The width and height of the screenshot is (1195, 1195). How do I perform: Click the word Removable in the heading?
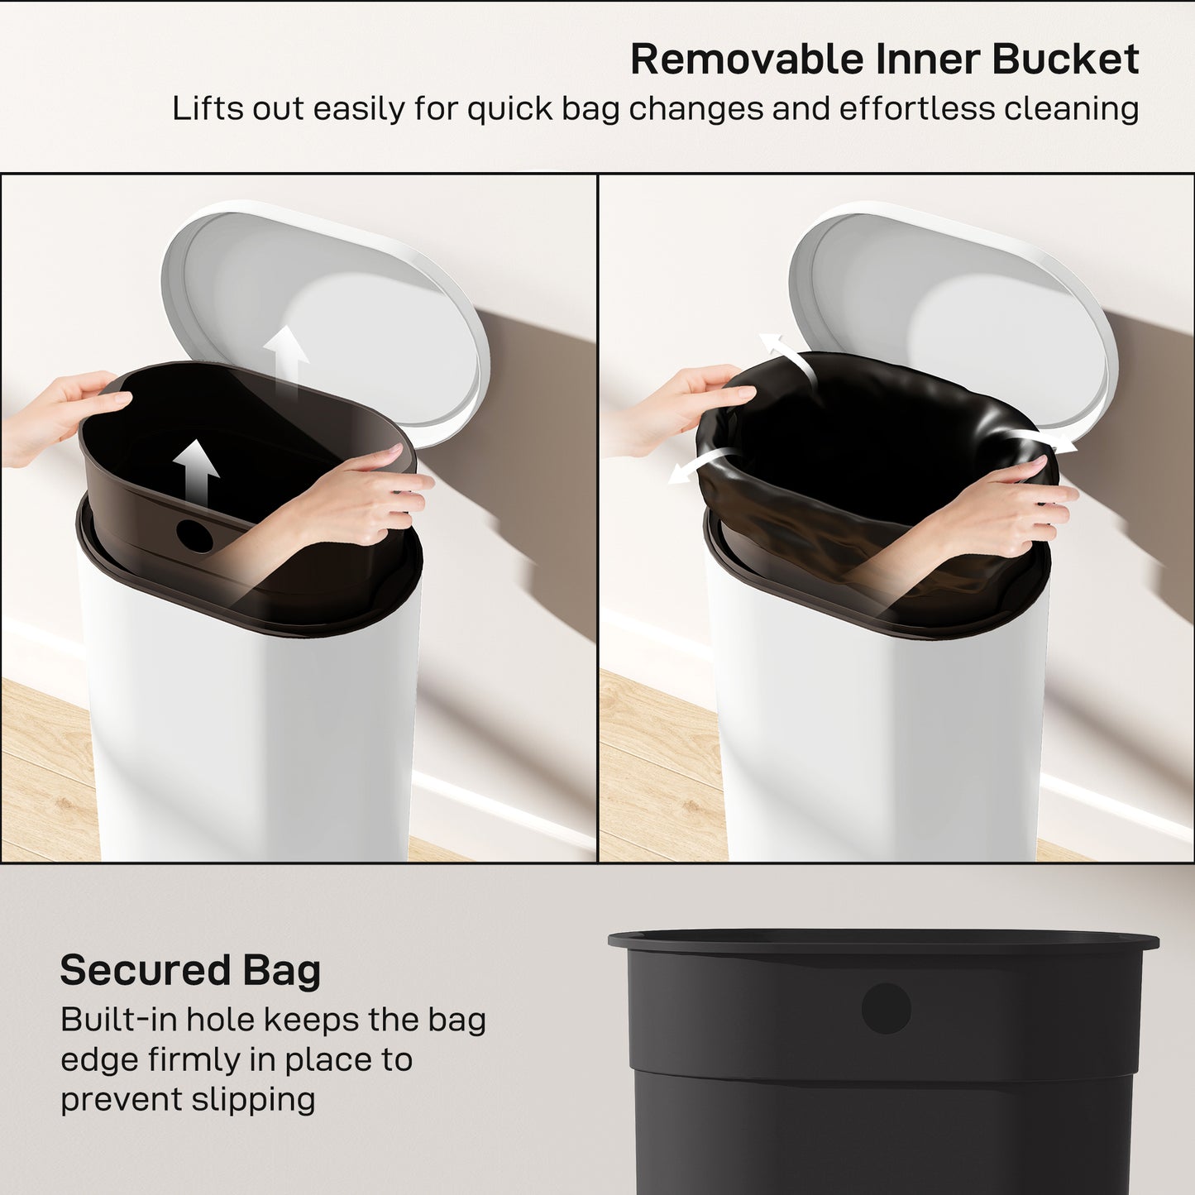tap(747, 60)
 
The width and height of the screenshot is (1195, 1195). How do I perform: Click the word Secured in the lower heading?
tap(145, 970)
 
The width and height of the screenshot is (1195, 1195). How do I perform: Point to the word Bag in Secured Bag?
tap(281, 971)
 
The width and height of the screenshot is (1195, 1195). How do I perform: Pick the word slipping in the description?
tap(253, 1100)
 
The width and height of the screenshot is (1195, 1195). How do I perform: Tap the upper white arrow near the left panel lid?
tap(286, 360)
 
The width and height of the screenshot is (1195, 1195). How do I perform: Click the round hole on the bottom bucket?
tap(886, 1008)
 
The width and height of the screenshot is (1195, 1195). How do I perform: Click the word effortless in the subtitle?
tap(916, 109)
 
